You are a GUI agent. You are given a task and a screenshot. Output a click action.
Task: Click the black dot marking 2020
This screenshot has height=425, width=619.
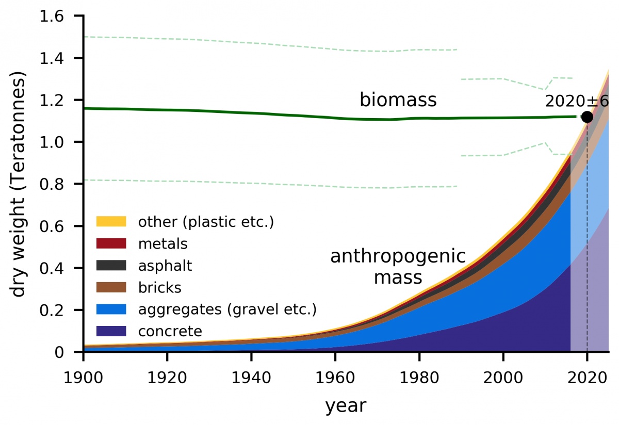[587, 117]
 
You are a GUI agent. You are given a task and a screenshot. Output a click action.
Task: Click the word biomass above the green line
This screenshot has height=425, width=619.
[398, 100]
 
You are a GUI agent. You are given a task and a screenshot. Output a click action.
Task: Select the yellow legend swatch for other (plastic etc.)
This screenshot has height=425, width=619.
[111, 222]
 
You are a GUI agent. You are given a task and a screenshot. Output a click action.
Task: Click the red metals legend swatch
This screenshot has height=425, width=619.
[111, 243]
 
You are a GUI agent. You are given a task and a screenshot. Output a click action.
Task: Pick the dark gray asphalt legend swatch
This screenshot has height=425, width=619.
[111, 265]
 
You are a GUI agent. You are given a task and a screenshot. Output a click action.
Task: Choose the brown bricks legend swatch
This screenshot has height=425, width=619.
[111, 287]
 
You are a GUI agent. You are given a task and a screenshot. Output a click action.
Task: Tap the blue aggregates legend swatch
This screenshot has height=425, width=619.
[111, 309]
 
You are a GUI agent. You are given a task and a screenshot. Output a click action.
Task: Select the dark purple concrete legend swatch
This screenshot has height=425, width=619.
[111, 331]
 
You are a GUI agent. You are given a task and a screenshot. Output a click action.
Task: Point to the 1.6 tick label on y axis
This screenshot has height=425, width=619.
[53, 17]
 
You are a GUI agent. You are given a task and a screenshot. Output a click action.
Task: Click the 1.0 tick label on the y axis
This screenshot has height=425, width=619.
[53, 142]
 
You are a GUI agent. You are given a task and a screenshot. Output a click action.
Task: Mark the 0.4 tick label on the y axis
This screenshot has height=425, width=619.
[53, 268]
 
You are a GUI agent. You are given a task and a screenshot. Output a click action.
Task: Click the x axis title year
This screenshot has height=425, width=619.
[345, 406]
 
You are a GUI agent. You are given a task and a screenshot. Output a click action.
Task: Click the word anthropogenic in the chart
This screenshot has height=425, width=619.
[398, 256]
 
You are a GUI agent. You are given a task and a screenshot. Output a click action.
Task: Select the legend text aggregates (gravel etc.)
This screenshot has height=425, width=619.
[227, 309]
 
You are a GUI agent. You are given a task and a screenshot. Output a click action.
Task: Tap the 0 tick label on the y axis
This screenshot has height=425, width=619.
[59, 352]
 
